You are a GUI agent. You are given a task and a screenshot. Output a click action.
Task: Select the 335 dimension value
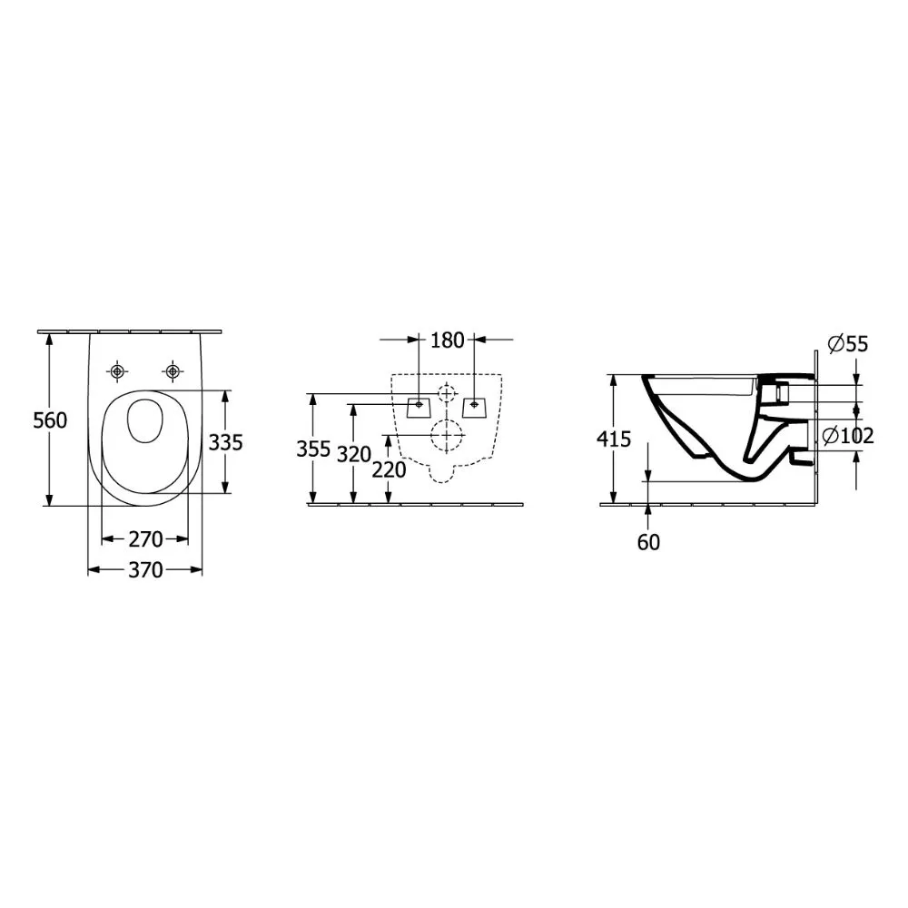pos(225,442)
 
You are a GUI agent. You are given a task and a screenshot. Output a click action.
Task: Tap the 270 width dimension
pos(145,539)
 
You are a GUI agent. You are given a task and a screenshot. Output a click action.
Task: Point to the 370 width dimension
pos(145,570)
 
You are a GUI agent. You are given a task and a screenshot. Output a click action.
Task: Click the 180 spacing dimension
pos(447,340)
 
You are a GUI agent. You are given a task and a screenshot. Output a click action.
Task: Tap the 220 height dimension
pos(389,469)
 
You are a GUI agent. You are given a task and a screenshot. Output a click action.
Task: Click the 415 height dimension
pos(614,439)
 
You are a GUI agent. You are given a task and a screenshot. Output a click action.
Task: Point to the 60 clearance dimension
pos(648,542)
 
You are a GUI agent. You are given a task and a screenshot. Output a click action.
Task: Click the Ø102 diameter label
pos(847,436)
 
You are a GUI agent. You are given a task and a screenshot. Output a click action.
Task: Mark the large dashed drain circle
pos(446,437)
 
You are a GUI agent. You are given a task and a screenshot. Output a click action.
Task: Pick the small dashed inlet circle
pos(446,393)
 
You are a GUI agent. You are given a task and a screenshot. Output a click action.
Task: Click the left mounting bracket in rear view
pos(419,406)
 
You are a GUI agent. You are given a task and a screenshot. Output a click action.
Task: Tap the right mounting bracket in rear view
pos(474,406)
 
